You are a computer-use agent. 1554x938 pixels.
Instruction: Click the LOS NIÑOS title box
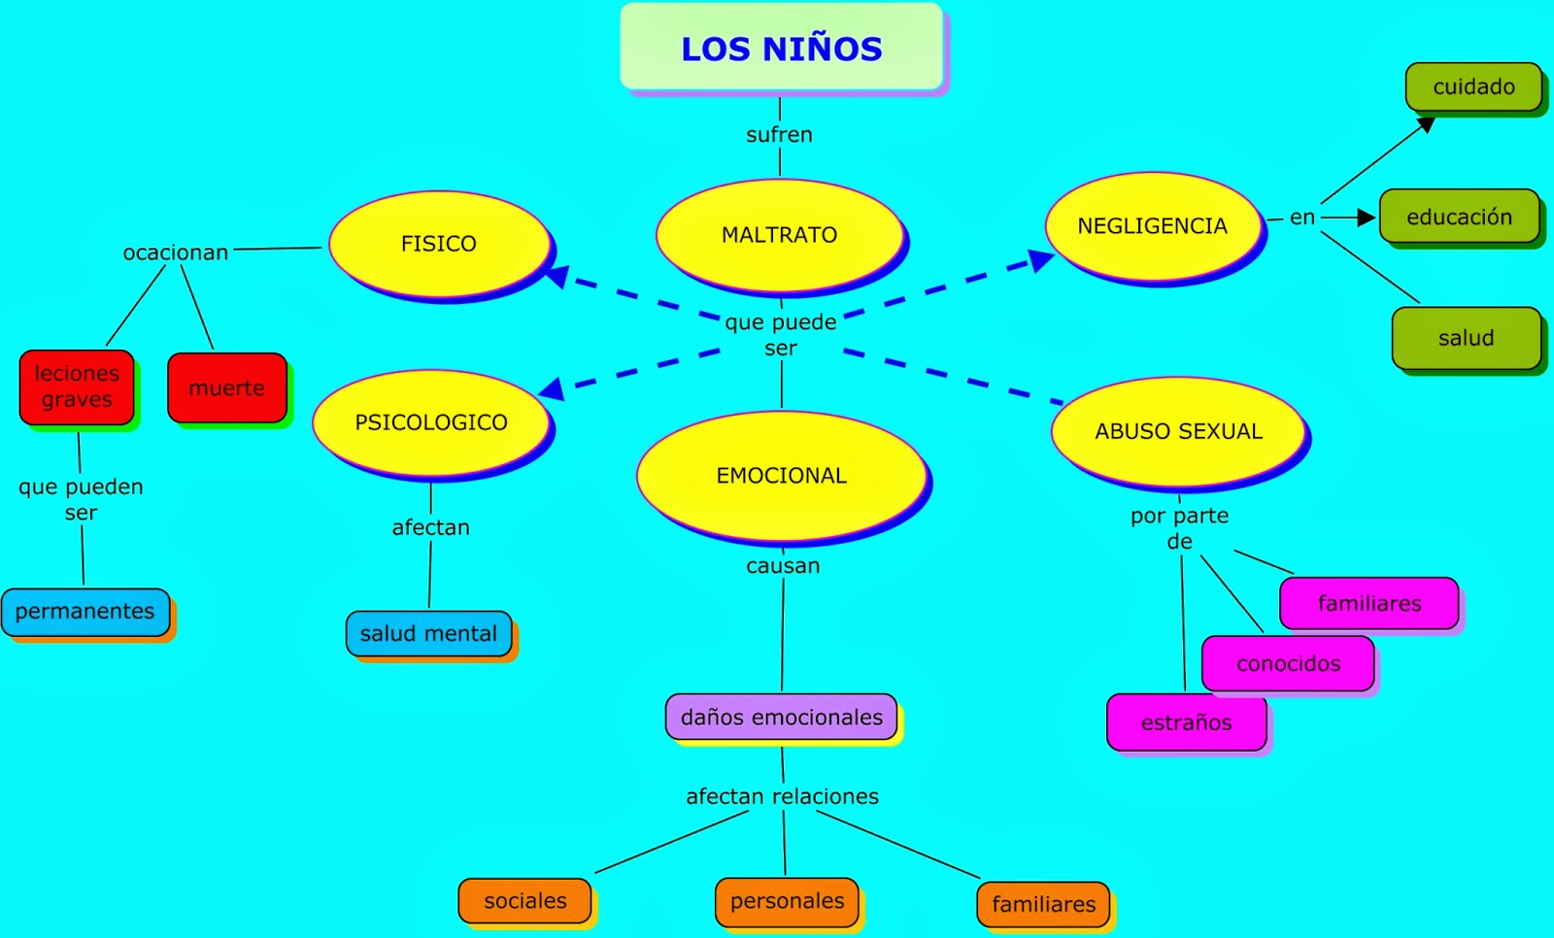pyautogui.click(x=781, y=47)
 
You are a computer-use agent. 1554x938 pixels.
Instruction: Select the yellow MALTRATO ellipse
pyautogui.click(x=779, y=235)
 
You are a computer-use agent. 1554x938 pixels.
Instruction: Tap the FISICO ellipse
pyautogui.click(x=439, y=244)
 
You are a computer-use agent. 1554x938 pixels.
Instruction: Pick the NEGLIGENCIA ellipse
pyautogui.click(x=1152, y=226)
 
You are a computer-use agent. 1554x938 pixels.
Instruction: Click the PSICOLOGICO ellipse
pyautogui.click(x=431, y=422)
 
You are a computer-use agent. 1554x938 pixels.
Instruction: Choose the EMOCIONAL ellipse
pyautogui.click(x=782, y=476)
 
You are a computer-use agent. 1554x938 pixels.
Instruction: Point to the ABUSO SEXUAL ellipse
pyautogui.click(x=1178, y=431)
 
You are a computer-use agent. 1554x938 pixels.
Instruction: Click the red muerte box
pyautogui.click(x=226, y=388)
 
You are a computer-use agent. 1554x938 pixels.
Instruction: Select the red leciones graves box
pyautogui.click(x=77, y=386)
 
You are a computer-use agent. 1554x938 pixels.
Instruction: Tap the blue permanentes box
pyautogui.click(x=85, y=612)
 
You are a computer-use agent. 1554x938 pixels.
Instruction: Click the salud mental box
pyautogui.click(x=428, y=634)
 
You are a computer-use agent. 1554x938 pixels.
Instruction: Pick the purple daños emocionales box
pyautogui.click(x=781, y=718)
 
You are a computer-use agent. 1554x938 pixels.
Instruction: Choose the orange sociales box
pyautogui.click(x=524, y=901)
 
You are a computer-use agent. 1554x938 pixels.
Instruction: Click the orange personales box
pyautogui.click(x=787, y=901)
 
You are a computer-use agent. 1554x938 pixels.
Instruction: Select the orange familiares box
pyautogui.click(x=1043, y=905)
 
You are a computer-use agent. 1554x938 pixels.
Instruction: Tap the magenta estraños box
pyautogui.click(x=1186, y=722)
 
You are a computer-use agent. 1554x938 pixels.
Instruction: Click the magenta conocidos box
pyautogui.click(x=1288, y=664)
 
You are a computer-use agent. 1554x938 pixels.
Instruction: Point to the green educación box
pyautogui.click(x=1459, y=217)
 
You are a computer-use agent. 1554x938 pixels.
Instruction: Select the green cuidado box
pyautogui.click(x=1473, y=87)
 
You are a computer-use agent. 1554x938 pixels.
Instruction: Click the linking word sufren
pyautogui.click(x=779, y=135)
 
